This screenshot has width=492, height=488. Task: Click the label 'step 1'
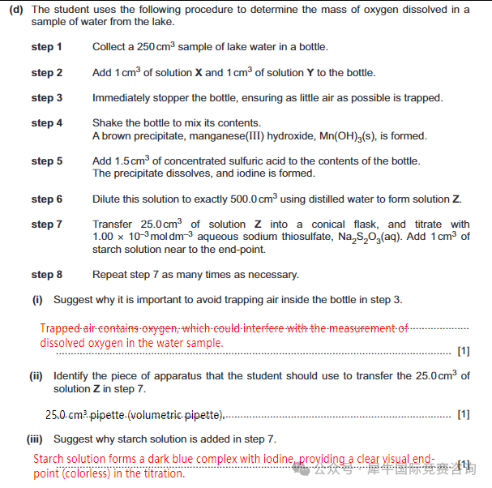click(x=46, y=47)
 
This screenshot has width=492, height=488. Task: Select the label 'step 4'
click(x=46, y=123)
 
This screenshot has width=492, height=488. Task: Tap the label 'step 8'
click(x=46, y=275)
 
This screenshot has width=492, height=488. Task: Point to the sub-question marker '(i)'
click(x=37, y=300)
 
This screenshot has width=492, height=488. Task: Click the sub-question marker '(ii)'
click(x=36, y=376)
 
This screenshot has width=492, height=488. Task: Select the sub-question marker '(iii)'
click(x=36, y=439)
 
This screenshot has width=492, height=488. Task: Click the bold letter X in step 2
click(x=199, y=73)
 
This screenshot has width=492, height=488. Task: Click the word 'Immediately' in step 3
click(x=122, y=98)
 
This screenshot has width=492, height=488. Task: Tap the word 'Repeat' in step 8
click(x=110, y=275)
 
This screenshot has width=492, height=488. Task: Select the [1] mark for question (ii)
click(x=464, y=415)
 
